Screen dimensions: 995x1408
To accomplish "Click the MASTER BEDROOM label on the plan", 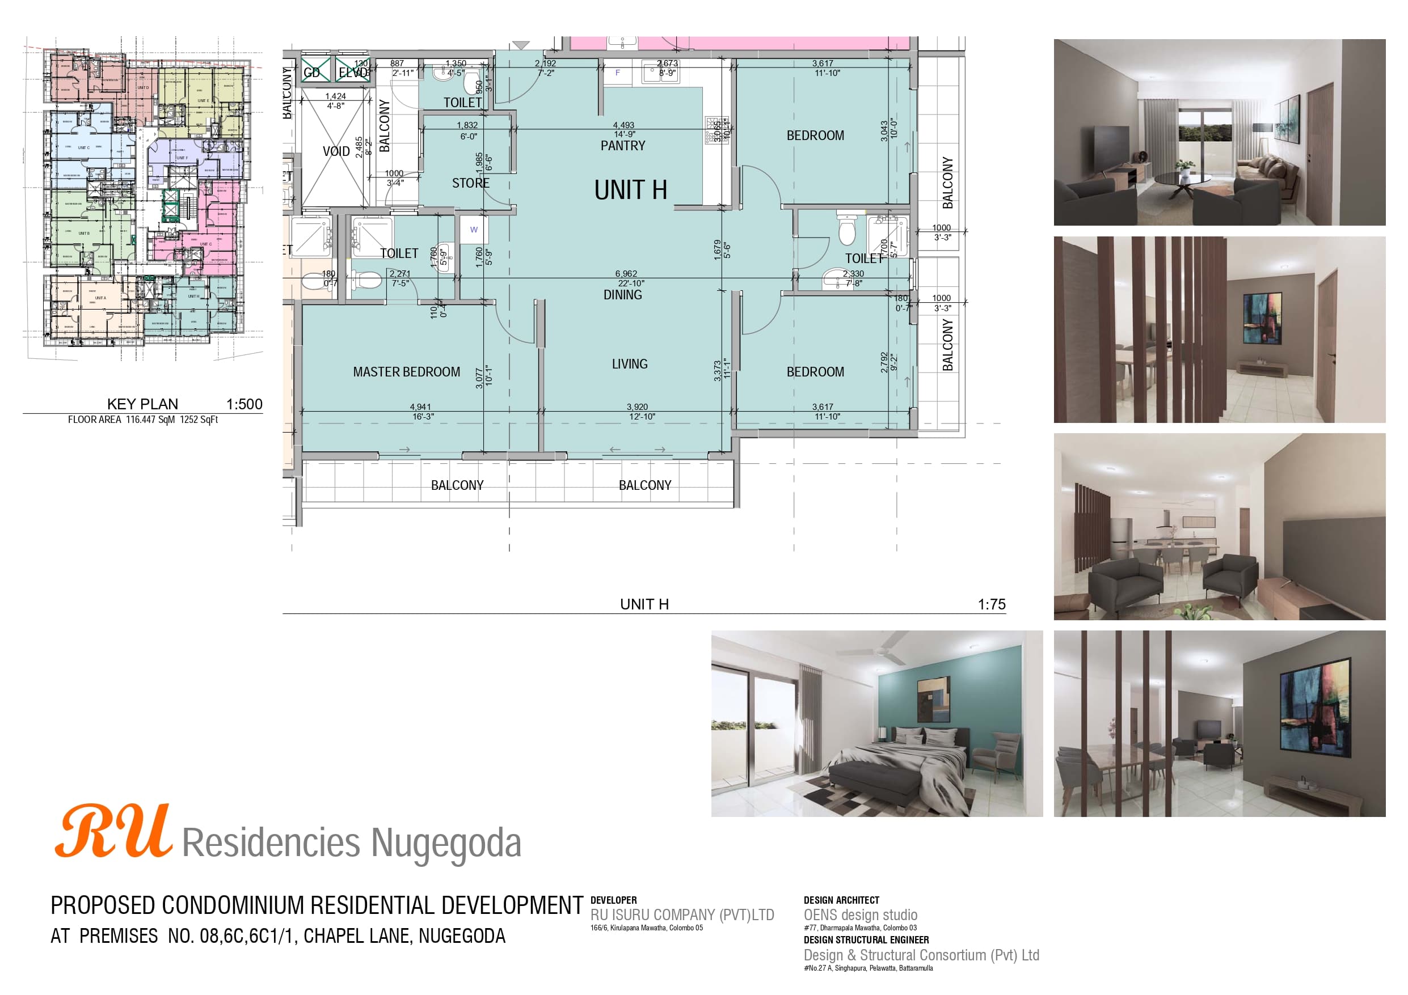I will point(406,371).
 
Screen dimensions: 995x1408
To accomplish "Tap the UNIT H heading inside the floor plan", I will point(630,190).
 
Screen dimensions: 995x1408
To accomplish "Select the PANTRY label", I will point(622,146).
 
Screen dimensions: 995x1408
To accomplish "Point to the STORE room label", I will point(470,183).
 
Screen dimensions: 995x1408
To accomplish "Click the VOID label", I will point(336,151).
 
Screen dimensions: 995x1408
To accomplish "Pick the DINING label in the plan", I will point(622,295).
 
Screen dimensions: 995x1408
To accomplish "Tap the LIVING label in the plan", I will point(629,364).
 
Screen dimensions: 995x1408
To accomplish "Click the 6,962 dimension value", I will point(626,274).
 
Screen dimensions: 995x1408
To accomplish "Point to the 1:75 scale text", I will point(991,604).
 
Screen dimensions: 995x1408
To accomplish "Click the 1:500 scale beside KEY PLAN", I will point(244,404).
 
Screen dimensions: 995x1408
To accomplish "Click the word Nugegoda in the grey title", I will point(446,843).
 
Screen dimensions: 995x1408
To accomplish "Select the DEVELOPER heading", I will point(613,900).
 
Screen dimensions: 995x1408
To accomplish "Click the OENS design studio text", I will point(861,914).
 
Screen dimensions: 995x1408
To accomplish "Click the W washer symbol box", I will point(474,230).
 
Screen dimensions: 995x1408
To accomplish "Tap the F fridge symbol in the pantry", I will point(618,73).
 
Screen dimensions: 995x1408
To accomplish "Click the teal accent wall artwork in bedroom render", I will point(933,700).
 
